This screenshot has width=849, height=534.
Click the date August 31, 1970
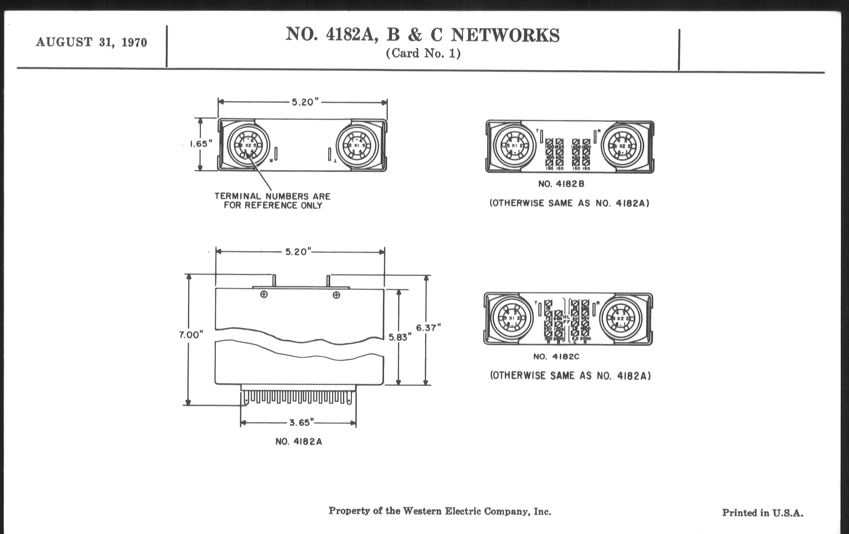[91, 42]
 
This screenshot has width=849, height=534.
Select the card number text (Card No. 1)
[423, 54]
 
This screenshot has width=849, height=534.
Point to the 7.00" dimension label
[191, 335]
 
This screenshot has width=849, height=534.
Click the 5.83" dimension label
[400, 337]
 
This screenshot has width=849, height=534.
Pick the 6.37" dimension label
[428, 328]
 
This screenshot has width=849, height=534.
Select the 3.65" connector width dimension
[302, 422]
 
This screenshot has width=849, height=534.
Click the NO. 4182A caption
[298, 442]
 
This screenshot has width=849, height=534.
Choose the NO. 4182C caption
[556, 357]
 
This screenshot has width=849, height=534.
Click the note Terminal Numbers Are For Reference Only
[273, 201]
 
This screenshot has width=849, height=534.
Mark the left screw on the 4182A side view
[264, 294]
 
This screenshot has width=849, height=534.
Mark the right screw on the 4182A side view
[337, 295]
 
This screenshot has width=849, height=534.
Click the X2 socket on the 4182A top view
[248, 145]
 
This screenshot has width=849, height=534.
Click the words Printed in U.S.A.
[762, 513]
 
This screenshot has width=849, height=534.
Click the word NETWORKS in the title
[505, 35]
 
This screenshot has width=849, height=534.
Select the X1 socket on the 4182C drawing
[511, 318]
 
